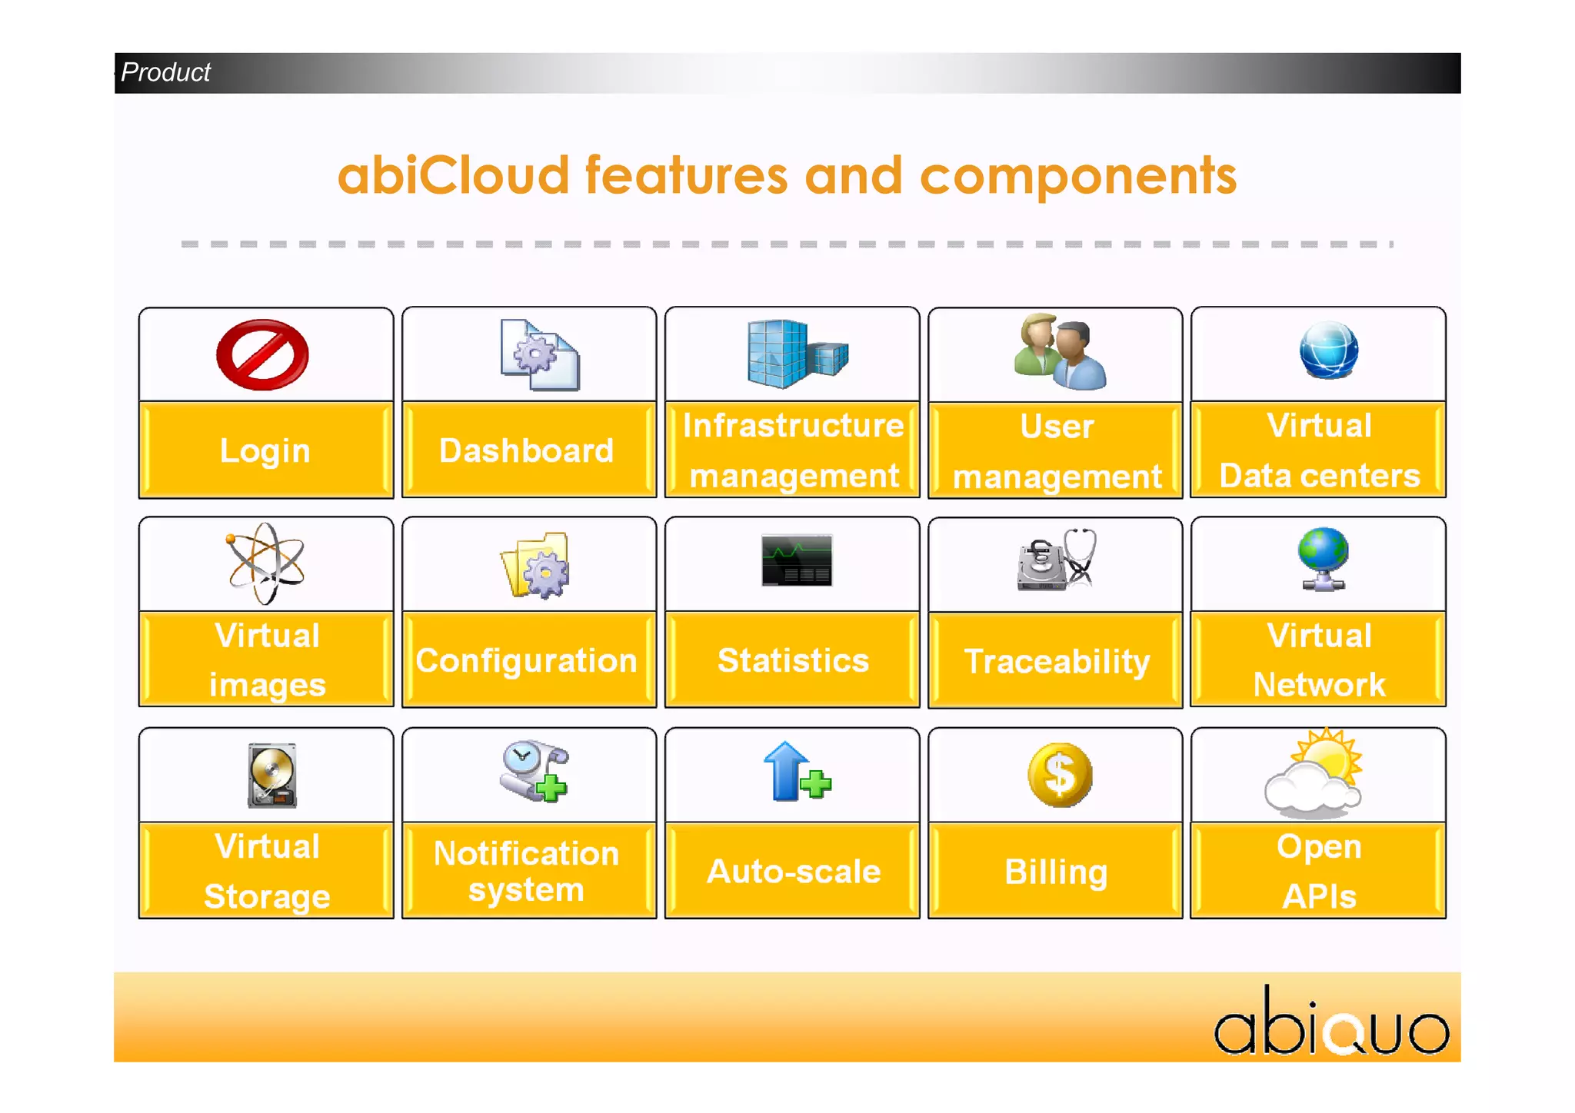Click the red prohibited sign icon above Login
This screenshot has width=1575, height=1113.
pyautogui.click(x=262, y=355)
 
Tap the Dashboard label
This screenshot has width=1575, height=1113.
pyautogui.click(x=526, y=451)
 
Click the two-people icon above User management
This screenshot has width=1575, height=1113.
pyautogui.click(x=1060, y=354)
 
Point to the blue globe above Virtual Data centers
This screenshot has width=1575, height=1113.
pyautogui.click(x=1328, y=351)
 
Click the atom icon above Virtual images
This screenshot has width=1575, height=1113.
pyautogui.click(x=265, y=563)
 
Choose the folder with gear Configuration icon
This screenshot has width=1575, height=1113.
pyautogui.click(x=535, y=566)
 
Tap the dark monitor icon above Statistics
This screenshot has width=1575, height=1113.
pyautogui.click(x=797, y=560)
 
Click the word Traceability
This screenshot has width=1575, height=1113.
pyautogui.click(x=1057, y=662)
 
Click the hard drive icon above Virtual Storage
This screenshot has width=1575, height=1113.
pyautogui.click(x=272, y=776)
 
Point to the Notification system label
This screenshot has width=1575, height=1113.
pyautogui.click(x=526, y=871)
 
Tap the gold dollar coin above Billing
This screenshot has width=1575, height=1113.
pyautogui.click(x=1060, y=775)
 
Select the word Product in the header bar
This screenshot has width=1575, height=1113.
pyautogui.click(x=165, y=72)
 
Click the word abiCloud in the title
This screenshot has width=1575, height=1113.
pyautogui.click(x=453, y=176)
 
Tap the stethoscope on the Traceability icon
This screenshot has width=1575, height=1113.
pyautogui.click(x=1080, y=557)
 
